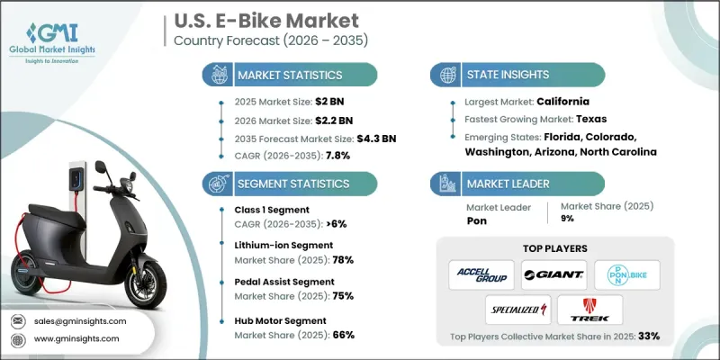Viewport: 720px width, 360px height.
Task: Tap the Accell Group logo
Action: tap(481, 274)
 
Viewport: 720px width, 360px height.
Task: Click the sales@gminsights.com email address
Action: tap(79, 320)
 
